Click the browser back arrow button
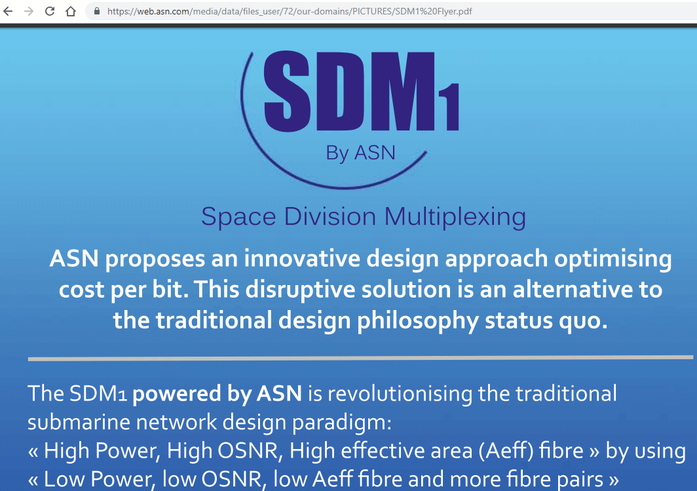click(x=8, y=11)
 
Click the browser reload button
click(x=50, y=11)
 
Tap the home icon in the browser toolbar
click(x=71, y=11)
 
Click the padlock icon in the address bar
click(x=97, y=11)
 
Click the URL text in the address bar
click(x=288, y=11)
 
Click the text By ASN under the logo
click(x=360, y=153)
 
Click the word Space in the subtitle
click(x=233, y=217)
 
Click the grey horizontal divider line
click(x=360, y=358)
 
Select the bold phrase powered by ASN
click(x=217, y=393)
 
